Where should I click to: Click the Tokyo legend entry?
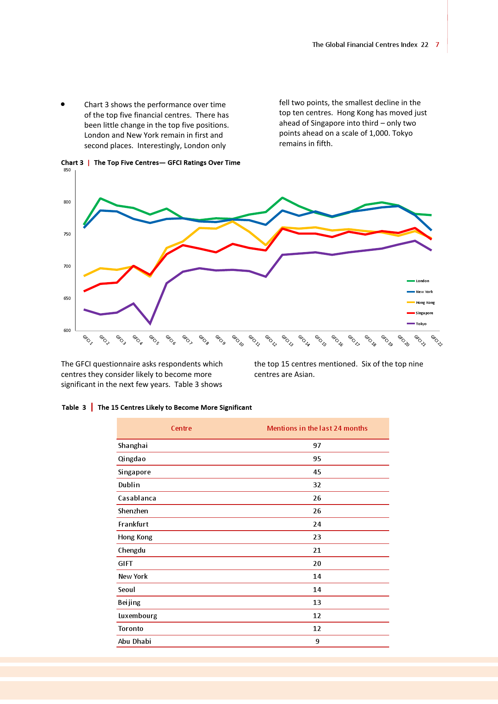(x=421, y=324)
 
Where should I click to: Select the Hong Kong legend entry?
(x=425, y=303)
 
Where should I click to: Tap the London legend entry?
(x=422, y=281)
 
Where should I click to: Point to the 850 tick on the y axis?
(x=67, y=170)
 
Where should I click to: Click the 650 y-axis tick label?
(x=67, y=299)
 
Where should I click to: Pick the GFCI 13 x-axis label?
(x=288, y=340)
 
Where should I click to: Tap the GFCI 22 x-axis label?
(x=437, y=340)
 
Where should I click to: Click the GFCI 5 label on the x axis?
(x=154, y=340)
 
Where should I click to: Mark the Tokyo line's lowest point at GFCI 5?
(x=150, y=324)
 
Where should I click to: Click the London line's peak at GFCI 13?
(x=283, y=198)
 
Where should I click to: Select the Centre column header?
(x=182, y=428)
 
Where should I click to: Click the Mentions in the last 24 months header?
(x=317, y=428)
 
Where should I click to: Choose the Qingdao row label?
(x=132, y=459)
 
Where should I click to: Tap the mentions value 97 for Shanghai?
(x=317, y=446)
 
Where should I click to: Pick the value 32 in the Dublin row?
(x=317, y=485)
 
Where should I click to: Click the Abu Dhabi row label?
(x=135, y=641)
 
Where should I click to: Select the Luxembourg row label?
(x=137, y=616)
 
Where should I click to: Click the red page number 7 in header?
(x=437, y=45)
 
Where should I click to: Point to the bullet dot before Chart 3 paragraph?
(x=63, y=104)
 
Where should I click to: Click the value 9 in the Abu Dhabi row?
(x=317, y=641)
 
